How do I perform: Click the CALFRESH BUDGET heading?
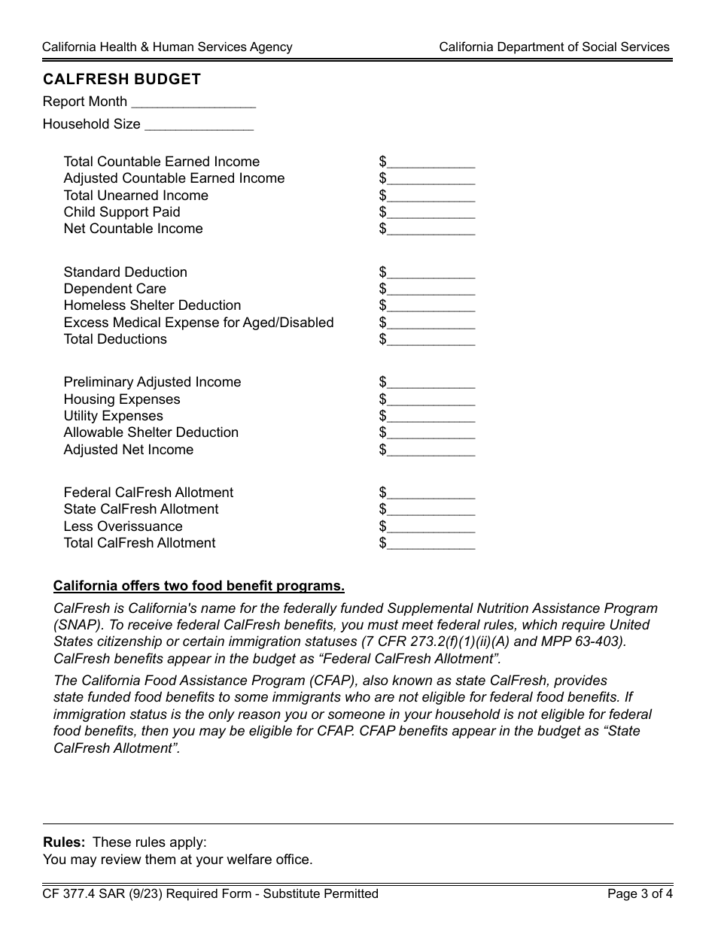tap(122, 79)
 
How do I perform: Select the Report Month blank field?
tap(193, 102)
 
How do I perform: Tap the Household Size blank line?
tap(199, 125)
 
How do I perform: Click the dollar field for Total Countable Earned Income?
tap(431, 162)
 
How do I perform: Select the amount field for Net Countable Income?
tap(431, 229)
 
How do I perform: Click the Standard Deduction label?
tap(125, 272)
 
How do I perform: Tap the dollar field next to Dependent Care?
tap(431, 290)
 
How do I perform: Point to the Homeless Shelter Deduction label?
tap(152, 305)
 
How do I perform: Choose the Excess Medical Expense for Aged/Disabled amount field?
tap(431, 323)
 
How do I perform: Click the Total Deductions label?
tap(115, 339)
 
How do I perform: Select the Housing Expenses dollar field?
tap(431, 400)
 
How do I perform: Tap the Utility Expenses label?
tap(113, 416)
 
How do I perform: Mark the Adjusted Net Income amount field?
tap(431, 450)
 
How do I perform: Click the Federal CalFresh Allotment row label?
tap(148, 493)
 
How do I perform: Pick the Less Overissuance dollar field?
tap(431, 527)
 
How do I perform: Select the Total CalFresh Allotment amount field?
tap(431, 544)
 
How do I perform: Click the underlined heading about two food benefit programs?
tap(199, 587)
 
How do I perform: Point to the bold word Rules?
tap(64, 842)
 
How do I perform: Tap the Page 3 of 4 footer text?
tap(640, 894)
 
